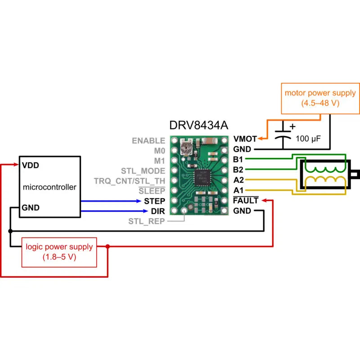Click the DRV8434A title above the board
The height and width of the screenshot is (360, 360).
tap(198, 126)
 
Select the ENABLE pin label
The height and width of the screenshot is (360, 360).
tap(148, 141)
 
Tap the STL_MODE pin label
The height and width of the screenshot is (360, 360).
tap(143, 171)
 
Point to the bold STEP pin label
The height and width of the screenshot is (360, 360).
tap(154, 201)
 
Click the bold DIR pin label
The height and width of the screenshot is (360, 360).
tap(157, 211)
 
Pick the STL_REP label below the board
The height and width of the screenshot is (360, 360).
tap(146, 221)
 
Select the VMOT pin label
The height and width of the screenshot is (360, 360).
tap(245, 139)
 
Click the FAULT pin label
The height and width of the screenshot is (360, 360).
tap(246, 201)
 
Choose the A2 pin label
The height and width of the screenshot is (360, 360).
tap(238, 180)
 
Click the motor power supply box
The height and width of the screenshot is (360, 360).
tap(320, 98)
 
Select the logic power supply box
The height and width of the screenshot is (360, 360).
tap(59, 252)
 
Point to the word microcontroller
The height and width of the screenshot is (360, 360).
tap(49, 187)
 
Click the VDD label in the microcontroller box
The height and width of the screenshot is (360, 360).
tap(30, 165)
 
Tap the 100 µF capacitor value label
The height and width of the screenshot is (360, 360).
tap(308, 139)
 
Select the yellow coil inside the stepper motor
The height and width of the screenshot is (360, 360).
tap(325, 182)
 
